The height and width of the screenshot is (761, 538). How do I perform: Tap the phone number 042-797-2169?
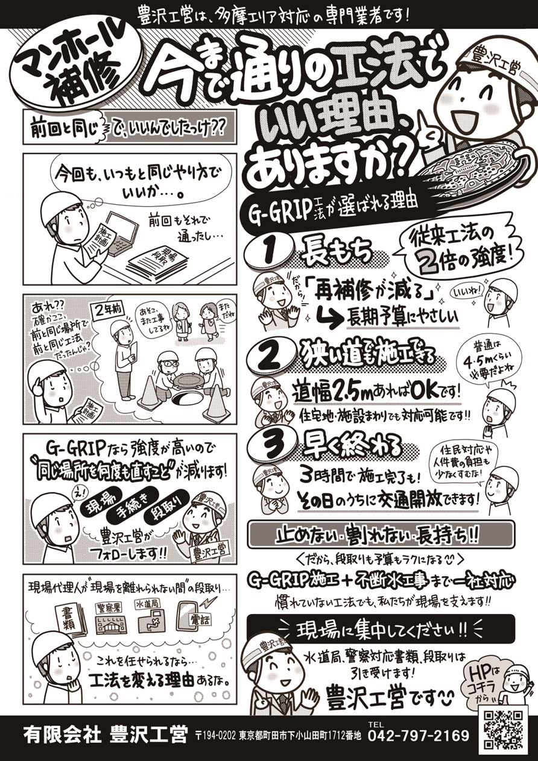pyautogui.click(x=418, y=736)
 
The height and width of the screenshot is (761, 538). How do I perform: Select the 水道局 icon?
pyautogui.click(x=151, y=618)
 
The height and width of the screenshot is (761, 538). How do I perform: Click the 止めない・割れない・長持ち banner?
pyautogui.click(x=381, y=534)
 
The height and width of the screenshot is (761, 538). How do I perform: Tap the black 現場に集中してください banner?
pyautogui.click(x=381, y=629)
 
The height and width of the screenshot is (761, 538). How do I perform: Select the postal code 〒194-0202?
pyautogui.click(x=215, y=736)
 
